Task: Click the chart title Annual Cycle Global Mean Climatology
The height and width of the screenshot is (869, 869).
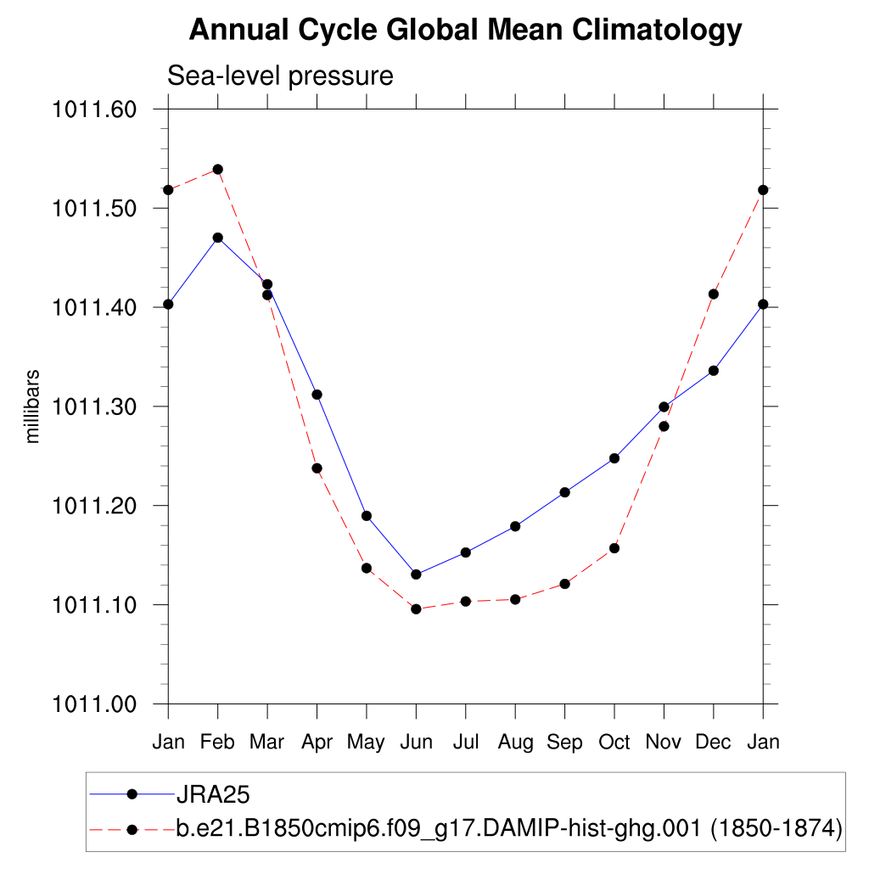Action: [x=465, y=31]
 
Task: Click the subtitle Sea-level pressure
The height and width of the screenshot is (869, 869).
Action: [x=280, y=76]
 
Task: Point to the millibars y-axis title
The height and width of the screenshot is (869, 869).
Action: [x=33, y=406]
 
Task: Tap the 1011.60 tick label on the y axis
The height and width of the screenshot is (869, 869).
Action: [x=94, y=109]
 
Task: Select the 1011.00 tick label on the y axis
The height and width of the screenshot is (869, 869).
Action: [x=94, y=704]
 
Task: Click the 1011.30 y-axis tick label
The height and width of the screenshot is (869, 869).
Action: [x=94, y=406]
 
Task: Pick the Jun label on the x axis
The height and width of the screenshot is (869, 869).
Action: [x=416, y=742]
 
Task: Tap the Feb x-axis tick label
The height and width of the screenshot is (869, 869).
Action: [x=218, y=742]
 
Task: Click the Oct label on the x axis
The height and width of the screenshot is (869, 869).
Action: [x=614, y=742]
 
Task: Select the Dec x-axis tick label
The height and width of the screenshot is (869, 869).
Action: [x=713, y=742]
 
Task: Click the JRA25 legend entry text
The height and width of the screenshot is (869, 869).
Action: [x=212, y=794]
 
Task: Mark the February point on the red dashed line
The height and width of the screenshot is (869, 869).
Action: [x=218, y=169]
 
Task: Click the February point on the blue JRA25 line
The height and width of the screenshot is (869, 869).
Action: [x=218, y=238]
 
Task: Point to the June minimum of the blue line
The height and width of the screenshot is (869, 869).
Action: [x=416, y=575]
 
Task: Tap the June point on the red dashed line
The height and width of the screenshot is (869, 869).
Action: [x=416, y=608]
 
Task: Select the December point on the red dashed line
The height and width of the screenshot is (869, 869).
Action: [x=714, y=294]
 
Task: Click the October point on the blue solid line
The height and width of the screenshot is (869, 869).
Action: [x=614, y=458]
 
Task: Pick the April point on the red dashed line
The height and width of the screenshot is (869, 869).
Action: [x=317, y=468]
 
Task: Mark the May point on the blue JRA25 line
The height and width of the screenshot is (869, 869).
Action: [x=367, y=516]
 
